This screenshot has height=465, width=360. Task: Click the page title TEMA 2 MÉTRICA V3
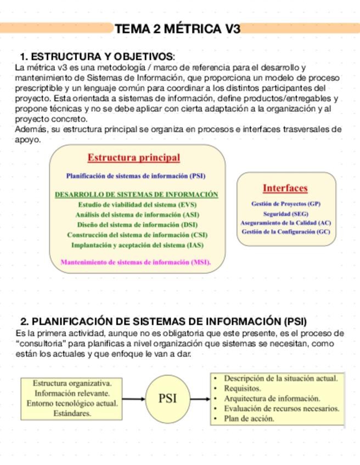click(x=178, y=29)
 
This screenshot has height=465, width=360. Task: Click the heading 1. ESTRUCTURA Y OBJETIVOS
click(x=98, y=57)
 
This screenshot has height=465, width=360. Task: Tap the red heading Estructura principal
click(x=133, y=158)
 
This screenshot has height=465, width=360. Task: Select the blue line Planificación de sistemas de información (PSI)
click(x=136, y=177)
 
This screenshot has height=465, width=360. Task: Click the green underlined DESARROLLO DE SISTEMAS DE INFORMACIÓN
click(x=136, y=195)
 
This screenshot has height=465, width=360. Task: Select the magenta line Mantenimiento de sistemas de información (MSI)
click(x=136, y=262)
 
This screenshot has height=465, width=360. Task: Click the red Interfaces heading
click(x=285, y=188)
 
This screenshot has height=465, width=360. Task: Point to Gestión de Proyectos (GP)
click(x=285, y=204)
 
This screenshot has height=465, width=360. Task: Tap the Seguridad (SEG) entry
click(x=285, y=214)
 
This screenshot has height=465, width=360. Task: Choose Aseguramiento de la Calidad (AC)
click(x=285, y=223)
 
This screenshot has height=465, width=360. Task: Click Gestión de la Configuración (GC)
click(x=285, y=232)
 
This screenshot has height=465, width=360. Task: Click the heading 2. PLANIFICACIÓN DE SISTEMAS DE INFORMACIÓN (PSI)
click(x=163, y=321)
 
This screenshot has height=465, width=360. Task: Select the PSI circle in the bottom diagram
click(x=167, y=399)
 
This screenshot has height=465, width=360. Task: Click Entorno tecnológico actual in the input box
click(x=72, y=404)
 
